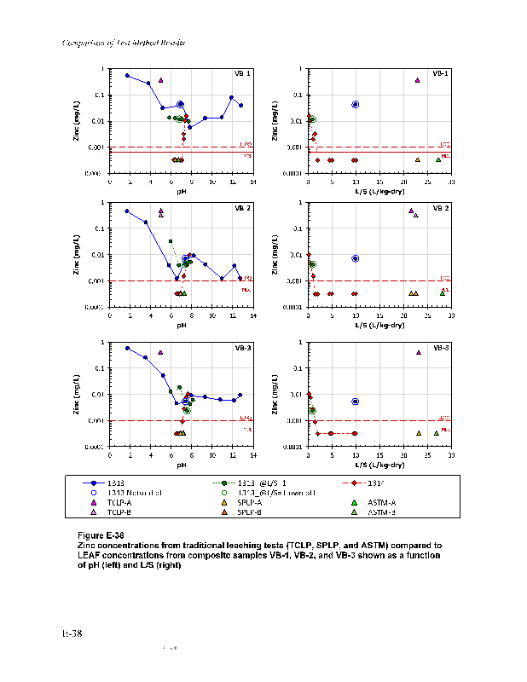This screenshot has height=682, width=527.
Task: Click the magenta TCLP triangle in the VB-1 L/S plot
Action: click(418, 80)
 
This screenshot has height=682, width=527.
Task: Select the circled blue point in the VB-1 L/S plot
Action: click(356, 104)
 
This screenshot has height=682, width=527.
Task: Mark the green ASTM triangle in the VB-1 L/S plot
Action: click(438, 159)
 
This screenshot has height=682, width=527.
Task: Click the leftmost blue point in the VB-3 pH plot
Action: click(127, 348)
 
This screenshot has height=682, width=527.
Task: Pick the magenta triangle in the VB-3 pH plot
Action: click(159, 352)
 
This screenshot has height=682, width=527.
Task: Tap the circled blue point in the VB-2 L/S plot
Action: click(356, 258)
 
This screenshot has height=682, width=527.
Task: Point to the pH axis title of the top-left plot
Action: click(182, 191)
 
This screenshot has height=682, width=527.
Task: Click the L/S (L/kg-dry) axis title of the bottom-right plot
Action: click(379, 465)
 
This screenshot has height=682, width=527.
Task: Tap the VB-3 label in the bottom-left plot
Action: click(242, 348)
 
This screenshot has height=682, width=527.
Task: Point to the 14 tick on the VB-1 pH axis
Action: click(252, 182)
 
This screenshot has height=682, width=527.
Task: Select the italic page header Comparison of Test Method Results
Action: click(125, 43)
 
